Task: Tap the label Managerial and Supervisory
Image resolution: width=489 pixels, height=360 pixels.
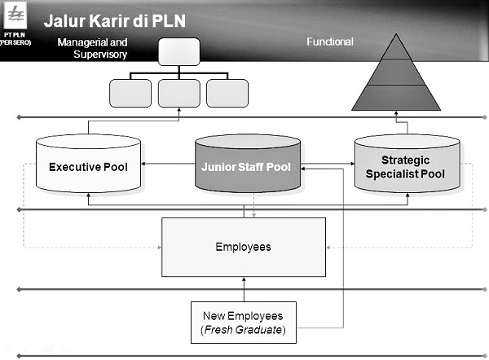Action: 93,47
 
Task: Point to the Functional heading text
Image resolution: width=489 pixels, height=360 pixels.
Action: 329,42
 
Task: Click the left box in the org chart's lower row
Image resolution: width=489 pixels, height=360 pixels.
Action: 130,92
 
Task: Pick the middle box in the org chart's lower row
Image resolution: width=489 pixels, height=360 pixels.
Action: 179,92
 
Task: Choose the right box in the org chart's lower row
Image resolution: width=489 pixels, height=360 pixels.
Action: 227,92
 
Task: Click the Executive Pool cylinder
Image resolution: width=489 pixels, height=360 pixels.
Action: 87,166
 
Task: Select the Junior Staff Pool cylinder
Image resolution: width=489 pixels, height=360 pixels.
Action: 246,166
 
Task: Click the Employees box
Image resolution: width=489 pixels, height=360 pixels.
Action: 244,247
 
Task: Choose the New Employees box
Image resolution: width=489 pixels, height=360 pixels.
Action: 244,323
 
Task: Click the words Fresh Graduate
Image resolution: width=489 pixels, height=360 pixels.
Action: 244,331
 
